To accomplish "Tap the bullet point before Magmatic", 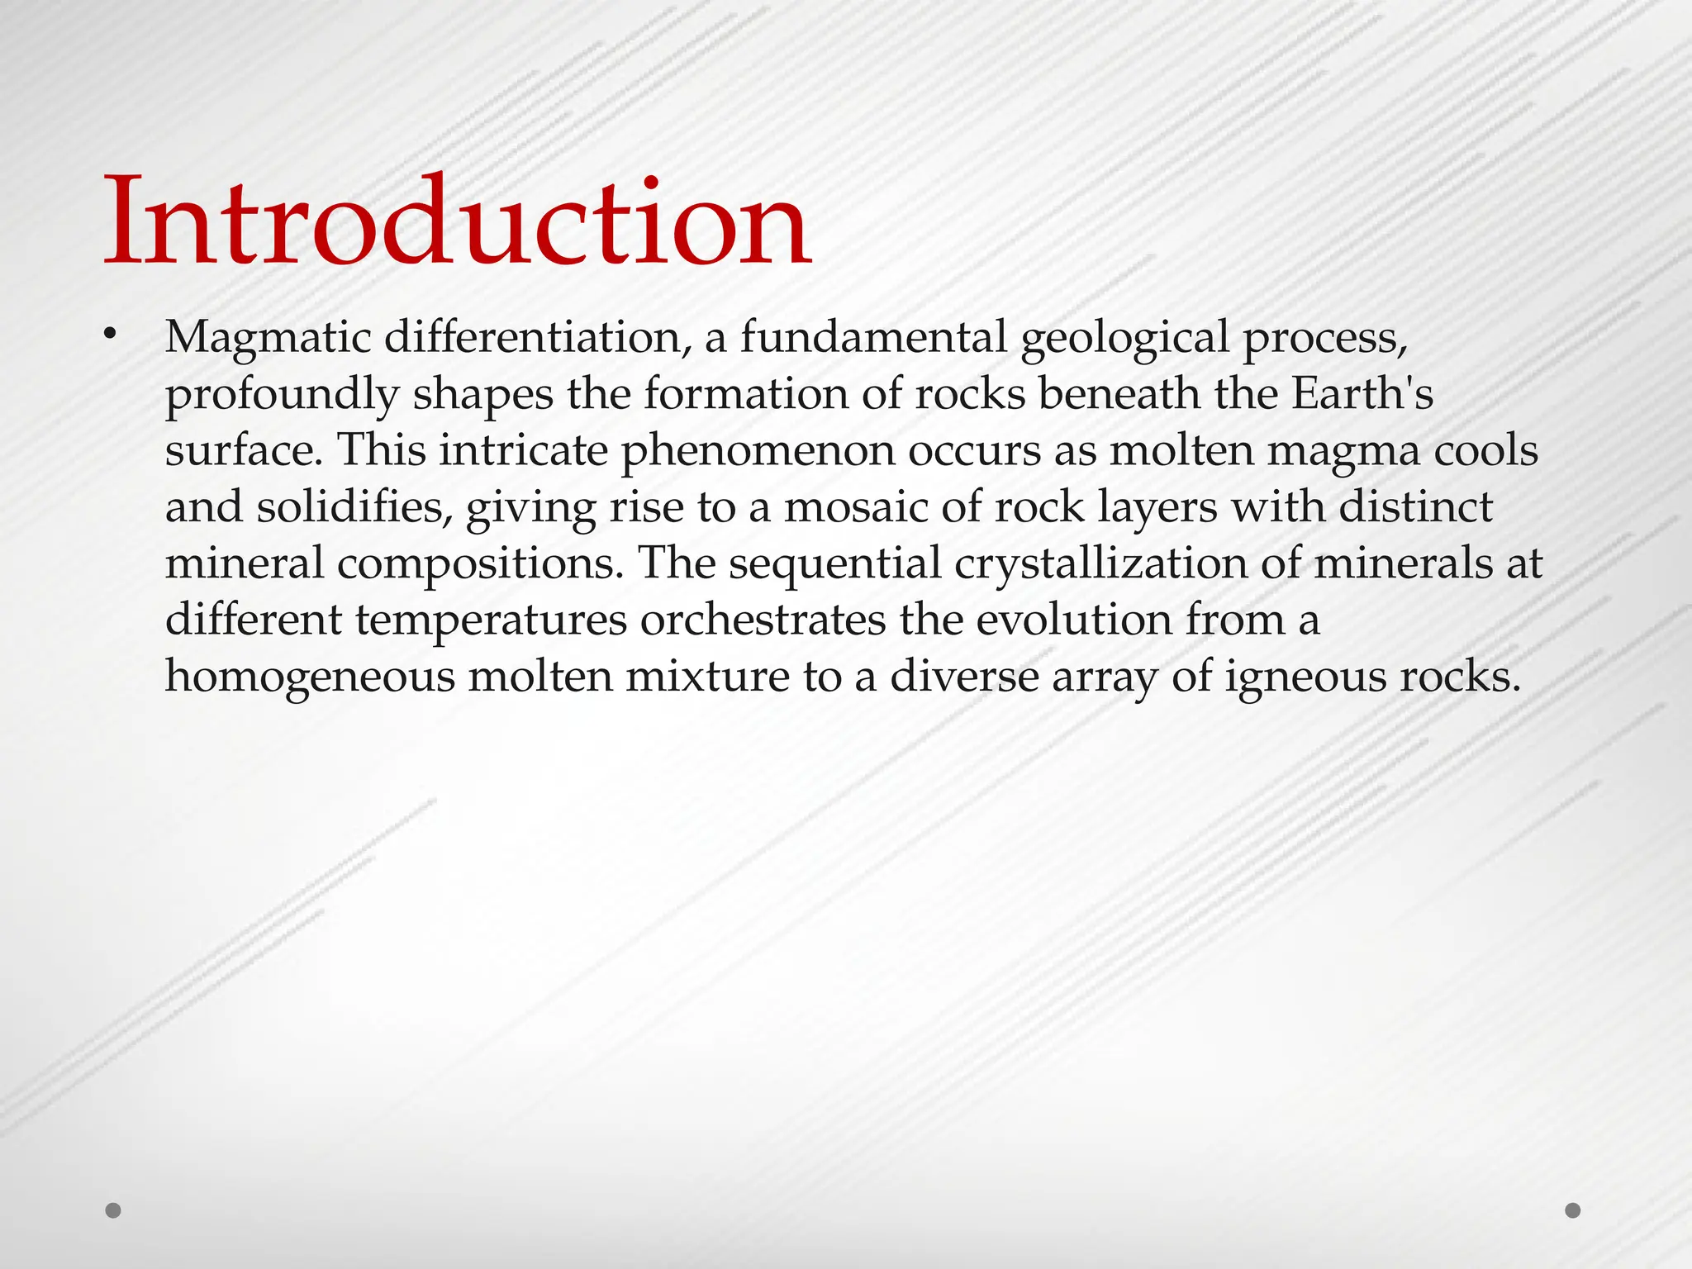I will (110, 335).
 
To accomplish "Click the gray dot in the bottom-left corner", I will (114, 1210).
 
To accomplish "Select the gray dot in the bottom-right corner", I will (1573, 1210).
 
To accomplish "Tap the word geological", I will (1125, 338).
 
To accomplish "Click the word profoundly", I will (282, 394).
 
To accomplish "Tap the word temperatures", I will (491, 620).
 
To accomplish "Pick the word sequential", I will (834, 564).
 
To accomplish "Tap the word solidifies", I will (353, 507).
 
